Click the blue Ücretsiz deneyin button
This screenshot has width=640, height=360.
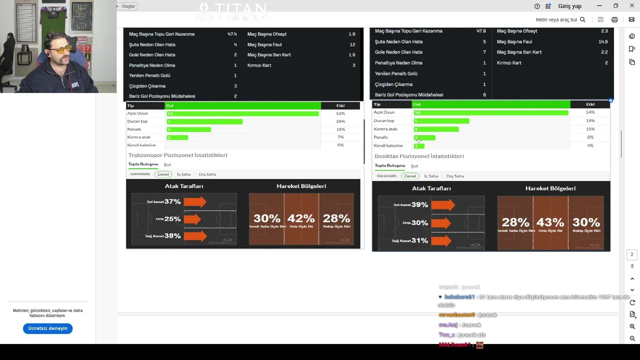[47, 328]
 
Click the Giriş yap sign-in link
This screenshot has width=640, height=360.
[569, 6]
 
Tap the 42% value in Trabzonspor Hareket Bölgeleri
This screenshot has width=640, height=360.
[301, 218]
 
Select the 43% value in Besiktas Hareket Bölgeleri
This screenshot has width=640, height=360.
[550, 222]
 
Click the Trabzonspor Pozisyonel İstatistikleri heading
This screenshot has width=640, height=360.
[177, 155]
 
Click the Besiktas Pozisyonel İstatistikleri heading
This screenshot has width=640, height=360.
[419, 156]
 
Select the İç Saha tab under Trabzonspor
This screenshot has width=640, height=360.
[183, 174]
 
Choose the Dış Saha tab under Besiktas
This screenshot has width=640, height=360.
[455, 176]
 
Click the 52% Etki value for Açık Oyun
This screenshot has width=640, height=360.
[340, 113]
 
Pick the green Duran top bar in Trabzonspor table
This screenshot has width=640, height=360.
[204, 121]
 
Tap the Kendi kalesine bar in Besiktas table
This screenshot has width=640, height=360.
[419, 146]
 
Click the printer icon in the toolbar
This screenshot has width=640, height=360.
[614, 19]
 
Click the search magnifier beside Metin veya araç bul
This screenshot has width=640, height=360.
[582, 19]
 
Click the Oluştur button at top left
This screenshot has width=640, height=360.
[127, 6]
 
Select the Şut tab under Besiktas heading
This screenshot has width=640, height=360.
[414, 166]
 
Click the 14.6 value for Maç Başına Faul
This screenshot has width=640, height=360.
[602, 41]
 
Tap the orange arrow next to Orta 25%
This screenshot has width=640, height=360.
[192, 218]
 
